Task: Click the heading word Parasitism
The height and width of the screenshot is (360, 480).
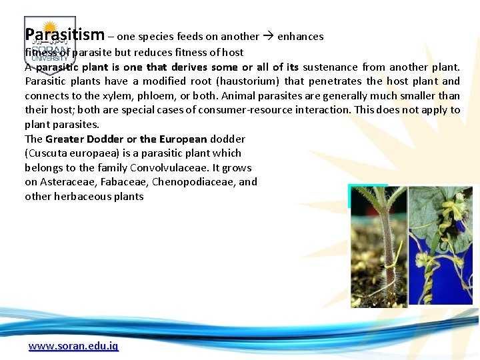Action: click(65, 35)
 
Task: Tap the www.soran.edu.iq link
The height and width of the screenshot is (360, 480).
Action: click(73, 347)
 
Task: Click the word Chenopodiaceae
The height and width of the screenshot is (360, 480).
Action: click(193, 182)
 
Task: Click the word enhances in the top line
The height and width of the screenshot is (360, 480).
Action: click(301, 37)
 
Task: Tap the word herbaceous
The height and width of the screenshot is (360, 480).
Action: click(81, 197)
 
